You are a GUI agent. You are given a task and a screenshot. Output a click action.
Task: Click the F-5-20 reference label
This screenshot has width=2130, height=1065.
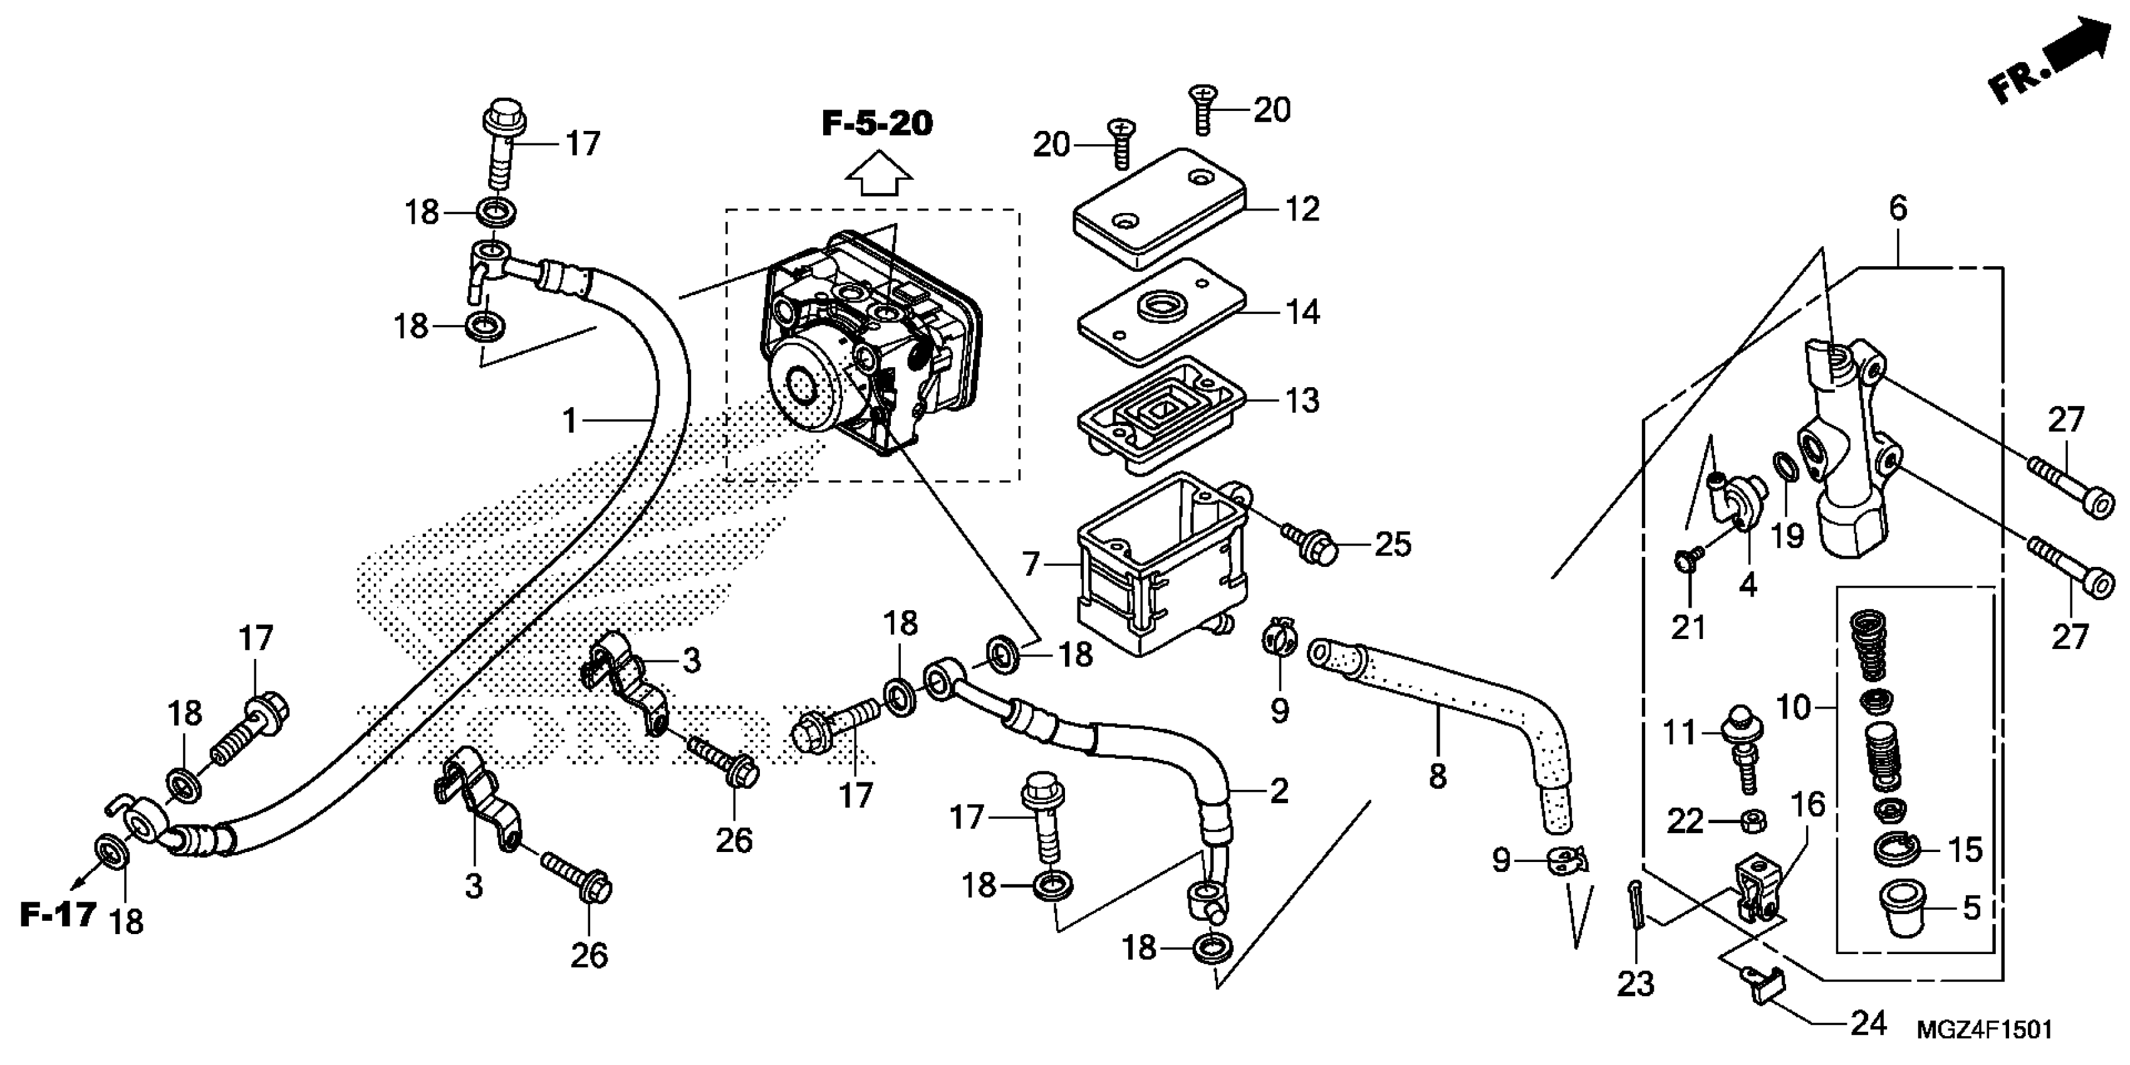click(877, 124)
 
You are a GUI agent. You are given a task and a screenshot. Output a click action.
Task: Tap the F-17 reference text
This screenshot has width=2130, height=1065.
click(58, 915)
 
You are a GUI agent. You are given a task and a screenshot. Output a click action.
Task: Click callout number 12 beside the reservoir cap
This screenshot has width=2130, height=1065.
click(1302, 209)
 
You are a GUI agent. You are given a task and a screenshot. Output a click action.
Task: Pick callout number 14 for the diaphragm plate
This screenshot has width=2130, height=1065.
click(1302, 313)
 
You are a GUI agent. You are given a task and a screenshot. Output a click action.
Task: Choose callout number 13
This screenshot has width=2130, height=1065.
click(1302, 401)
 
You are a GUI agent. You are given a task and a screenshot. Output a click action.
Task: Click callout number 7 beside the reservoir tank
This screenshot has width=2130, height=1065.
click(1031, 564)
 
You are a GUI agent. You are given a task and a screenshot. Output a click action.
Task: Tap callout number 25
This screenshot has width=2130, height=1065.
click(1393, 545)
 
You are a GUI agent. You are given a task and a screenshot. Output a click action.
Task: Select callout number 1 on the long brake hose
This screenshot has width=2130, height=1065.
click(569, 422)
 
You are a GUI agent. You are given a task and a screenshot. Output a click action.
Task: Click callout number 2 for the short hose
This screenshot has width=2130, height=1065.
click(1279, 791)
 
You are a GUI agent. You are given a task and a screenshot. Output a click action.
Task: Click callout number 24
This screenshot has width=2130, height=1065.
click(1869, 1024)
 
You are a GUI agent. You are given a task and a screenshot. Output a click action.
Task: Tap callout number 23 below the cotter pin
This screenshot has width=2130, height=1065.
click(1634, 984)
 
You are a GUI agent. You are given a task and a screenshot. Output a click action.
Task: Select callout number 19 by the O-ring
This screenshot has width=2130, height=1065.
click(1787, 536)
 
